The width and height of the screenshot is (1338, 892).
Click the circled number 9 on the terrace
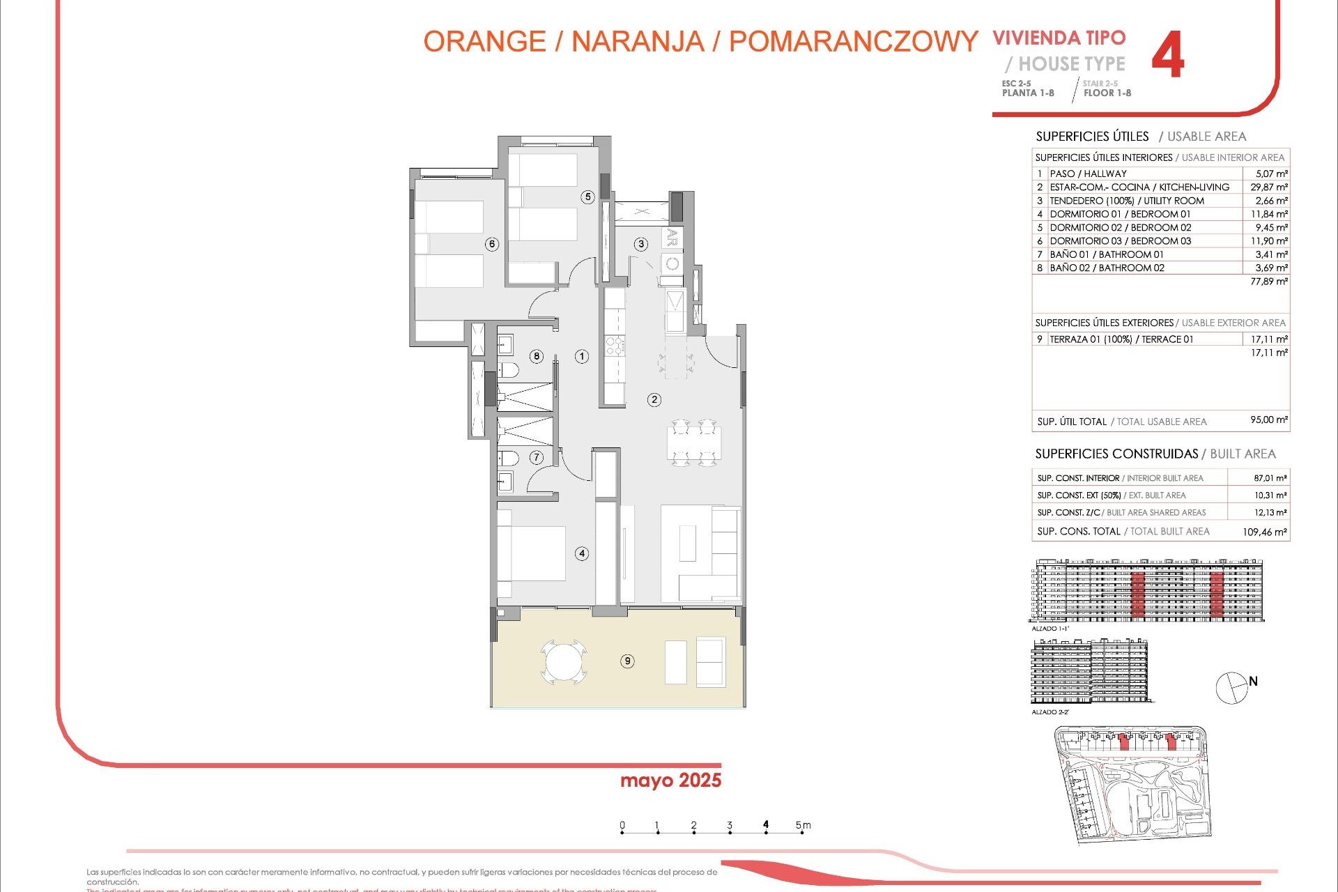627,661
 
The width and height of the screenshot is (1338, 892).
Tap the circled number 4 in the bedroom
582,553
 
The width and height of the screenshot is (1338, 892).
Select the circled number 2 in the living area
654,399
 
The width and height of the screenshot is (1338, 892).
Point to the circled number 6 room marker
492,244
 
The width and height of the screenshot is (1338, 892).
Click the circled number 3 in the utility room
641,244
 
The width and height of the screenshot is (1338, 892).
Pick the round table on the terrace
563,661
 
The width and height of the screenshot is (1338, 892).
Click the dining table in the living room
694,443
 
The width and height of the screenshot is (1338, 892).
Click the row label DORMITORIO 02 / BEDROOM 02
1120,227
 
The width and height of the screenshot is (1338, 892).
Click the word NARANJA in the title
637,42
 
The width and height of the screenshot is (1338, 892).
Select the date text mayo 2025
670,780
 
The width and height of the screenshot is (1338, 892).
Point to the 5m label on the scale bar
803,825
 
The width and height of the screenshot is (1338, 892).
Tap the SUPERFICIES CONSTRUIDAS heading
1116,454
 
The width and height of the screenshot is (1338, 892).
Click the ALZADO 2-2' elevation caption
1050,712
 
